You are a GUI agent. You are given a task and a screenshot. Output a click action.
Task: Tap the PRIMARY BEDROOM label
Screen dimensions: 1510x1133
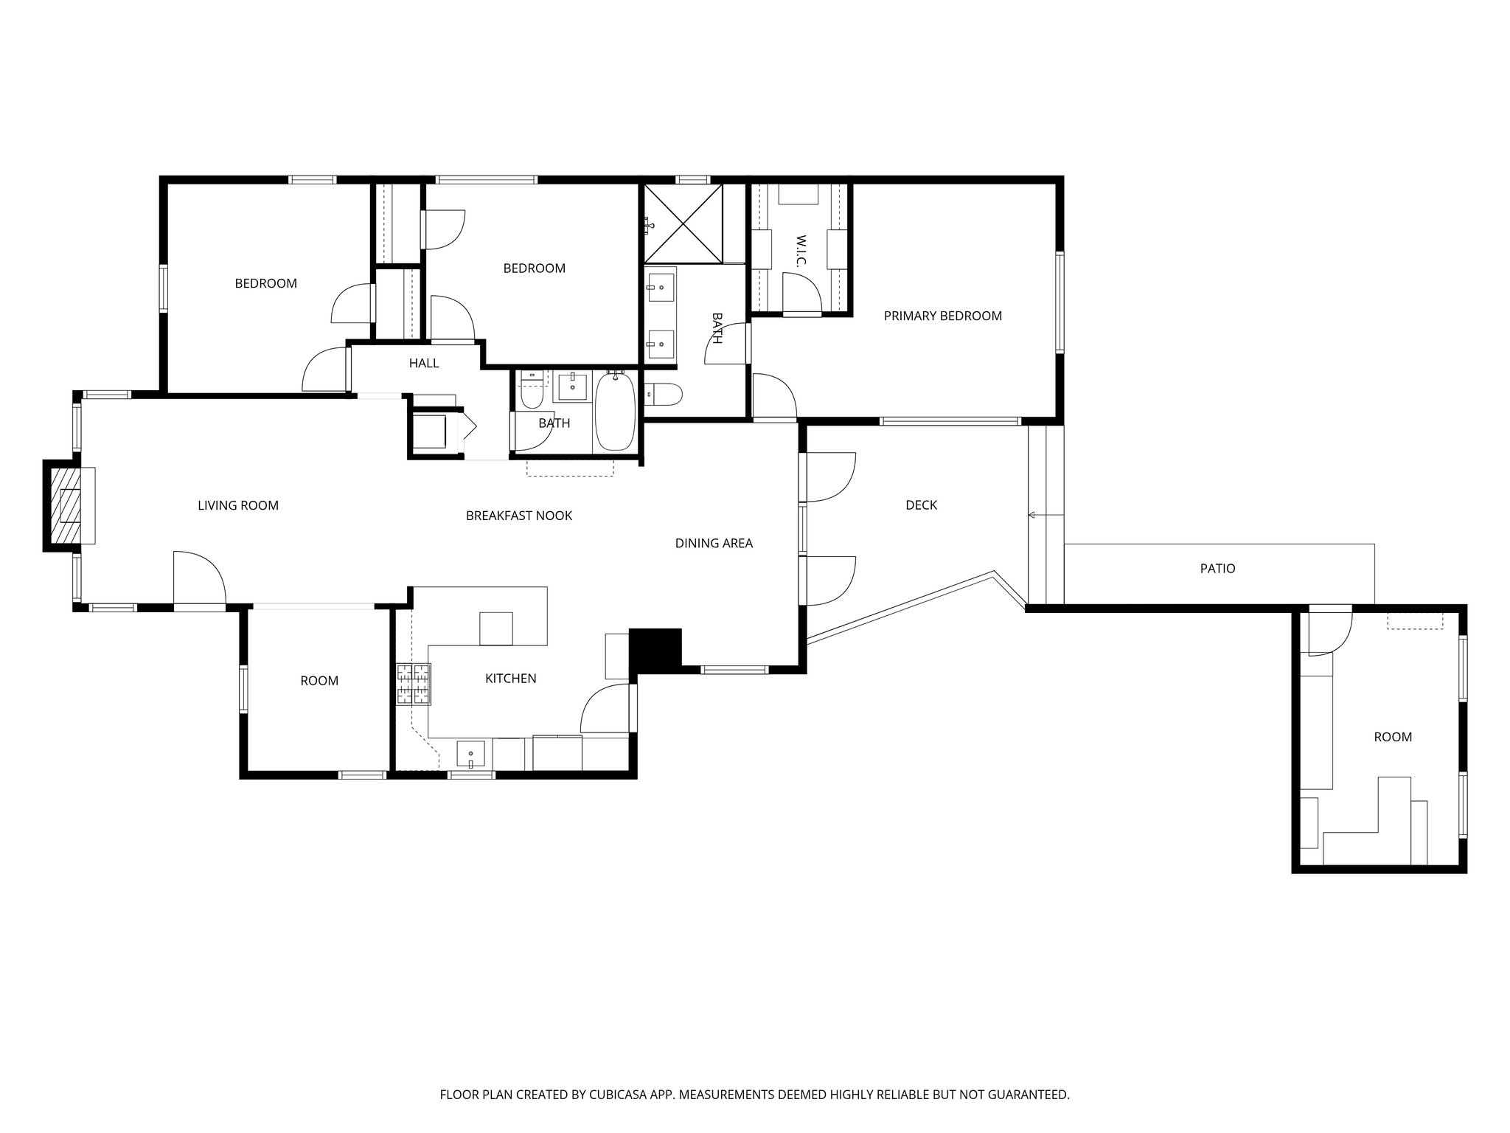pyautogui.click(x=942, y=316)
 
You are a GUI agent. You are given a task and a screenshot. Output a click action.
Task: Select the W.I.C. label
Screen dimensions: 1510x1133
pyautogui.click(x=801, y=252)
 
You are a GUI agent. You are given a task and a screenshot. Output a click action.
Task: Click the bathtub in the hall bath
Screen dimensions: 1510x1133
pyautogui.click(x=614, y=412)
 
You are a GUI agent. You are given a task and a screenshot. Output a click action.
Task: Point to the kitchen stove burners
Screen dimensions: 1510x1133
pyautogui.click(x=413, y=684)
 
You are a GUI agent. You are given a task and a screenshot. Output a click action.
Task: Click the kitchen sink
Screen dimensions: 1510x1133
pyautogui.click(x=470, y=755)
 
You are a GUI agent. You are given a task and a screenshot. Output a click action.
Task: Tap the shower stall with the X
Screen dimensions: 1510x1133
pyautogui.click(x=683, y=224)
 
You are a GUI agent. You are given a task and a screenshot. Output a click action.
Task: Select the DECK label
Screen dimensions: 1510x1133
pyautogui.click(x=921, y=505)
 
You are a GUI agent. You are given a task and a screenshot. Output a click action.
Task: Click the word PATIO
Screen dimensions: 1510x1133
pyautogui.click(x=1217, y=569)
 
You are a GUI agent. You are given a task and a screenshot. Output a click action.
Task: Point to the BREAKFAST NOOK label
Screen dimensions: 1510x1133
pyautogui.click(x=518, y=516)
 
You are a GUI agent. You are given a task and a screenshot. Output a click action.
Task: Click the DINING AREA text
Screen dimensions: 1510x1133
pyautogui.click(x=714, y=544)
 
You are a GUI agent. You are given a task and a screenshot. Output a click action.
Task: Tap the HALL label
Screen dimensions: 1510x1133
pyautogui.click(x=424, y=363)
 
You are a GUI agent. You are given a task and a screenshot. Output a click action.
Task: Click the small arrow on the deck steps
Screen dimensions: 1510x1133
pyautogui.click(x=1032, y=515)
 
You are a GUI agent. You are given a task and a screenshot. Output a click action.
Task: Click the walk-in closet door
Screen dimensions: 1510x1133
pyautogui.click(x=802, y=293)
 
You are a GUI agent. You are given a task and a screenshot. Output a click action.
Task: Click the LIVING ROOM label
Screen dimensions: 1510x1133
pyautogui.click(x=238, y=505)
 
